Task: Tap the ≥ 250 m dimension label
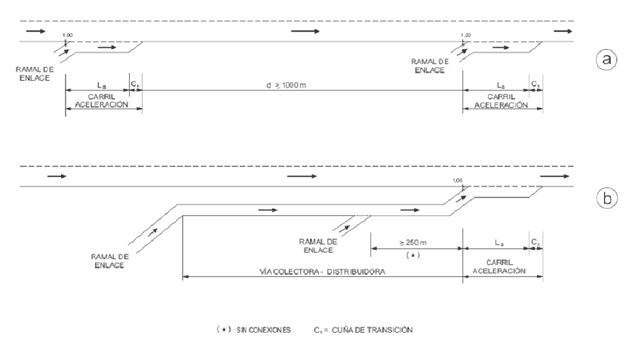point(413,243)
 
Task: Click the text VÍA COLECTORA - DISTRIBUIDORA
point(323,271)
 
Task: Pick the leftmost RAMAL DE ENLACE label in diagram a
point(32,74)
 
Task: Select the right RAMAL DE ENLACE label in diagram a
point(429,64)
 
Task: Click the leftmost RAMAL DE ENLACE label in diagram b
point(112,261)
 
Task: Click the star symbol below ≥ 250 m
point(413,255)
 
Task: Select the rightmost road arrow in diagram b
point(555,176)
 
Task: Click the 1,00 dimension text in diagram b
point(457,180)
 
